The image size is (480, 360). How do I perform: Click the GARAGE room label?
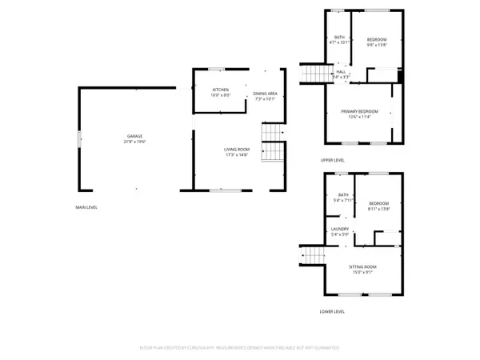[134, 136]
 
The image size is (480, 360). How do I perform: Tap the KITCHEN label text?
[221, 90]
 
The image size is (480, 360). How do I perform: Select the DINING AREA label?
[265, 94]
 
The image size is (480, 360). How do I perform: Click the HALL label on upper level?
[341, 72]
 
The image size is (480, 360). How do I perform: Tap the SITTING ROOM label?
[362, 266]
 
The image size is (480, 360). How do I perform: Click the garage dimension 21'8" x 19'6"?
[134, 142]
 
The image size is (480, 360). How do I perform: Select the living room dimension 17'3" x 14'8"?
[236, 155]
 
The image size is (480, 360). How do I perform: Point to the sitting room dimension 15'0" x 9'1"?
[362, 272]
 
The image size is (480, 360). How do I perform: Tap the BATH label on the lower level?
[343, 194]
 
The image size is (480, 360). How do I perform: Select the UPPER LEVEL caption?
[332, 160]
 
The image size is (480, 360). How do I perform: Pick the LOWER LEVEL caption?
[332, 311]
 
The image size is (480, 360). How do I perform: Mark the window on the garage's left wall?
[78, 138]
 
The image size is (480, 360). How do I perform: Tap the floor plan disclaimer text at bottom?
[239, 349]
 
